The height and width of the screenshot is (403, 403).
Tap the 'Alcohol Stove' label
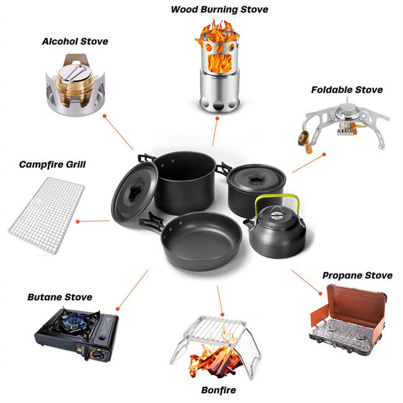coord(75,42)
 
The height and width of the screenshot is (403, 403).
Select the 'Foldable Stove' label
coord(347,90)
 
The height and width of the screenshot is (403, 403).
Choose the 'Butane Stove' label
coord(60,297)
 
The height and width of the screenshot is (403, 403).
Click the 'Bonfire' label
coord(218,391)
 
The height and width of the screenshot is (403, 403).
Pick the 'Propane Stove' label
coord(357,275)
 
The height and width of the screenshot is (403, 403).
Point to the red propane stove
coord(348,316)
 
